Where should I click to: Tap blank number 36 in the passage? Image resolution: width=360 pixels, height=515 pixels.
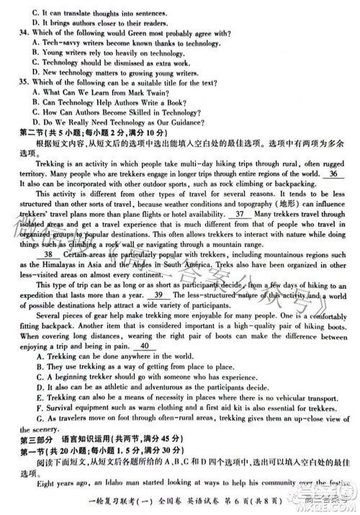333,174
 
